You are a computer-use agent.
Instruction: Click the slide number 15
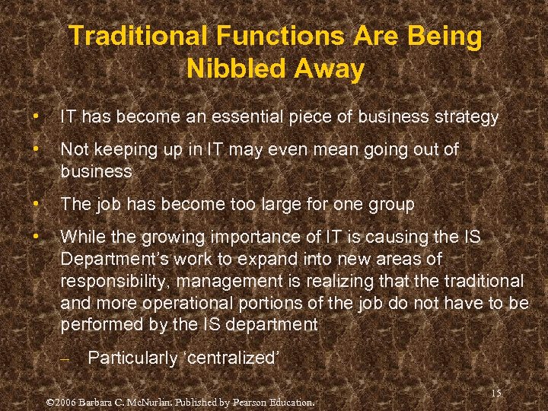pos(496,393)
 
